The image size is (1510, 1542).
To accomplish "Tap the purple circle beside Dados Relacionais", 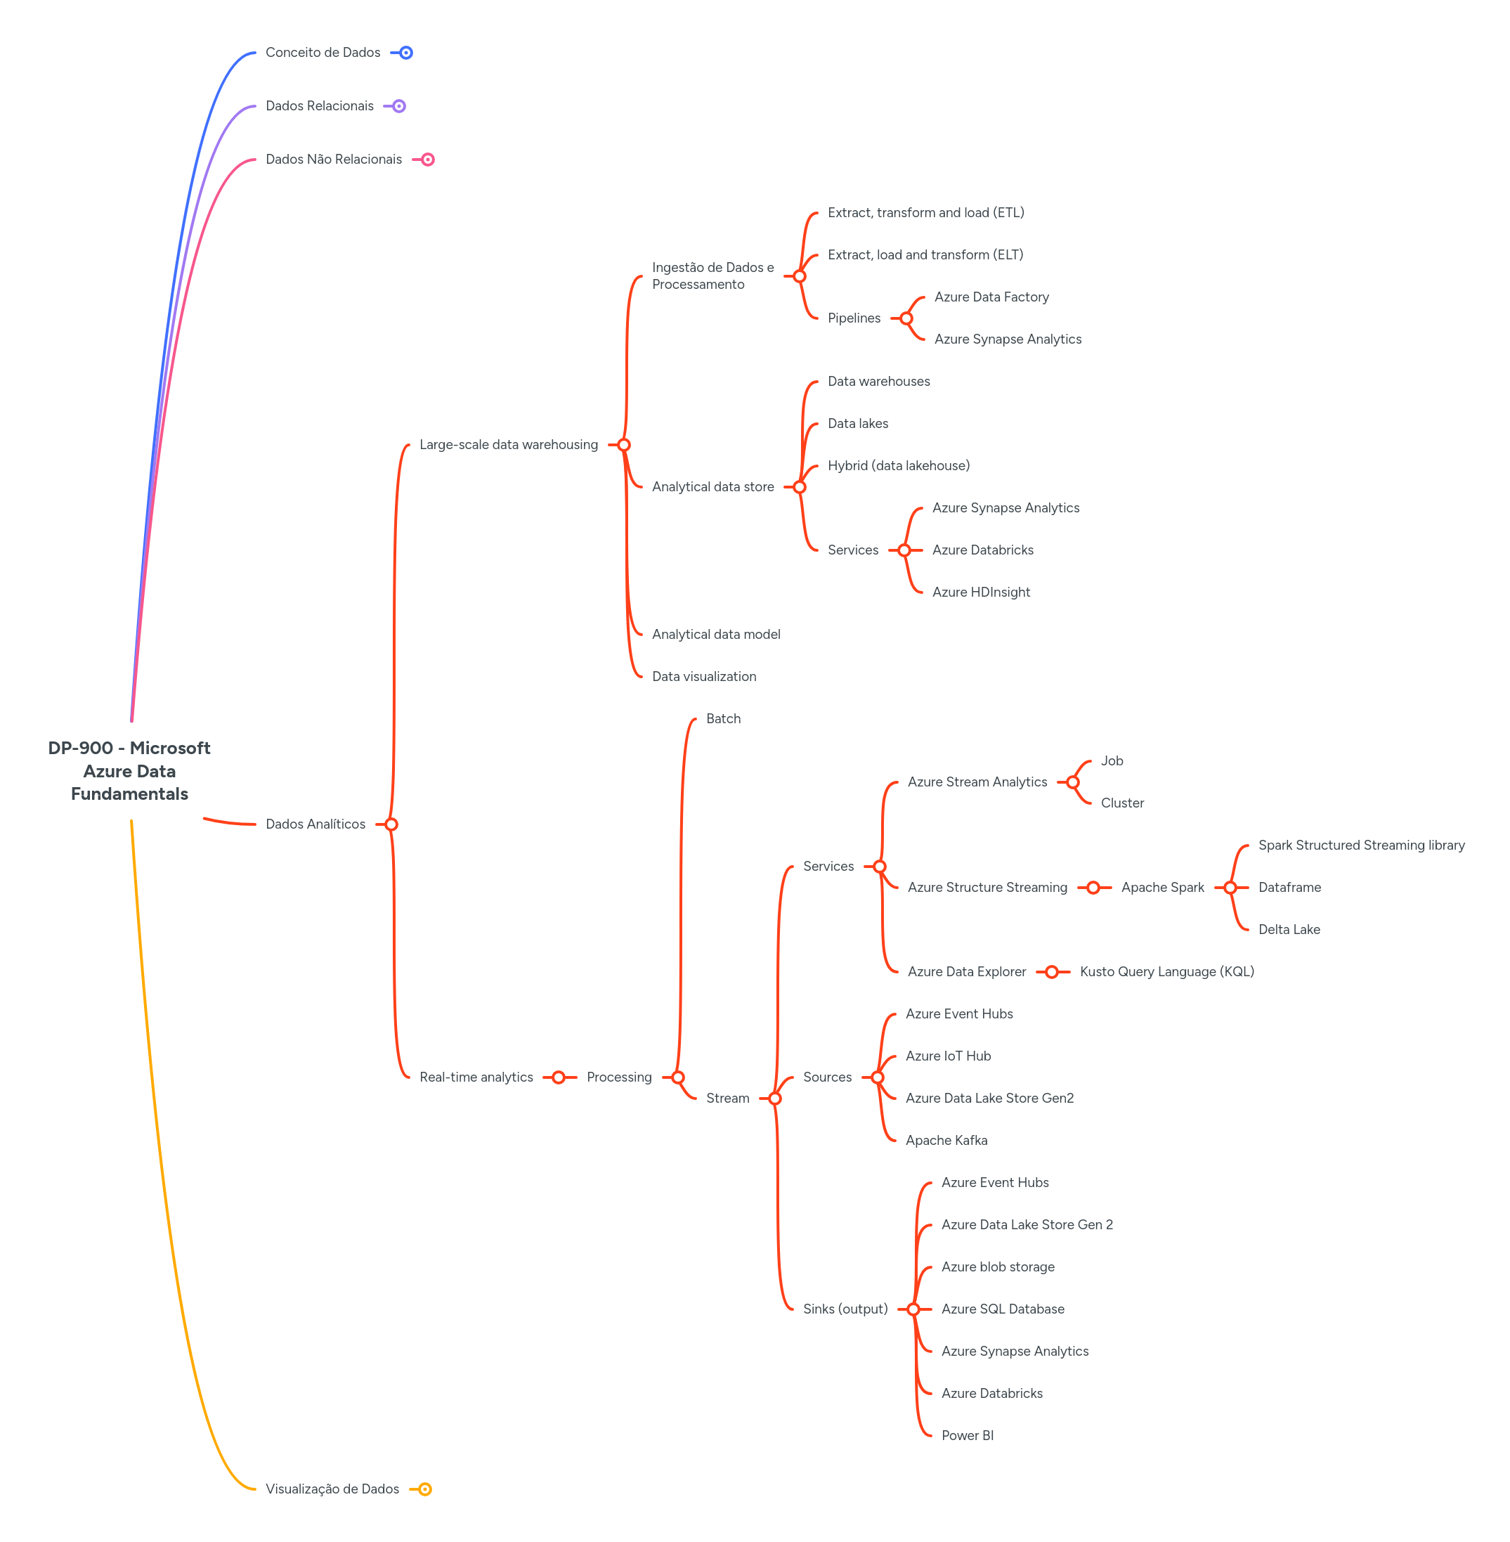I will pyautogui.click(x=399, y=106).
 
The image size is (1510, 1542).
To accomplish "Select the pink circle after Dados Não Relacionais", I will pyautogui.click(x=427, y=160).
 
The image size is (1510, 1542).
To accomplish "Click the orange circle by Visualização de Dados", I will pyautogui.click(x=425, y=1489).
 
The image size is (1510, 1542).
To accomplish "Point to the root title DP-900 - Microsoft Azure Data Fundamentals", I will pyautogui.click(x=129, y=770).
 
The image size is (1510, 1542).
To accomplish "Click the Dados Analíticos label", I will pyautogui.click(x=315, y=824).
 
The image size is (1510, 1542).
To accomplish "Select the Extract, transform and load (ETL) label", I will pyautogui.click(x=925, y=212).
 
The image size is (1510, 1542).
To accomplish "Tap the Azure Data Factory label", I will pyautogui.click(x=991, y=297).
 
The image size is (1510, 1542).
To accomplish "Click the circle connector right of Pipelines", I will pyautogui.click(x=906, y=318).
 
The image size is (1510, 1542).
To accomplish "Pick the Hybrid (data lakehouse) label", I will pyautogui.click(x=899, y=465).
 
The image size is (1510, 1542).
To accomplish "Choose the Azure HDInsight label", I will pyautogui.click(x=981, y=592).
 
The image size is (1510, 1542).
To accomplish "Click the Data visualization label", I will pyautogui.click(x=704, y=677).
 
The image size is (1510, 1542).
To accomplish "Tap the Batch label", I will pyautogui.click(x=723, y=719).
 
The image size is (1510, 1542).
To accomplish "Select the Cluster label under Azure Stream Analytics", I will pyautogui.click(x=1122, y=803).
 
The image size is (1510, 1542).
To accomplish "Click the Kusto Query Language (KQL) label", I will pyautogui.click(x=1166, y=972).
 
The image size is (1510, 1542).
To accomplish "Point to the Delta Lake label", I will pyautogui.click(x=1289, y=930).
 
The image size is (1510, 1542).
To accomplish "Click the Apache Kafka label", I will pyautogui.click(x=946, y=1140).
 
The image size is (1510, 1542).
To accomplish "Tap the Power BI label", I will pyautogui.click(x=967, y=1435).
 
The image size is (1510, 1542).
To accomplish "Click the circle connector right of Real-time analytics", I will pyautogui.click(x=559, y=1077).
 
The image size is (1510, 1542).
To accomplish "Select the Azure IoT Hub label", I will pyautogui.click(x=948, y=1056).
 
